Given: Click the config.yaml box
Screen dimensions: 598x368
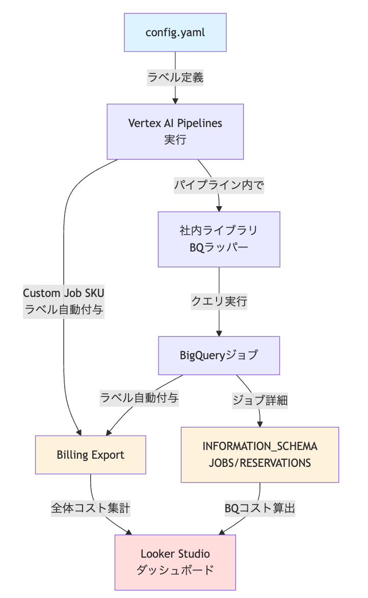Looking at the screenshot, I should tap(175, 33).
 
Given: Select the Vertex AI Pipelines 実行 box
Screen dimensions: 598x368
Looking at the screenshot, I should tap(175, 132).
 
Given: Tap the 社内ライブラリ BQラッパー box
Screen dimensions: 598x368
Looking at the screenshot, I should tap(219, 239).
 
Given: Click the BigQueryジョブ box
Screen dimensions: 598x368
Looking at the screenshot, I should tap(219, 355).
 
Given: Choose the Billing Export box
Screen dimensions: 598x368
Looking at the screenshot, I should tap(91, 455).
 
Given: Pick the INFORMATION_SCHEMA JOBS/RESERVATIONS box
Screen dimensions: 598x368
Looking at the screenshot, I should tap(260, 455).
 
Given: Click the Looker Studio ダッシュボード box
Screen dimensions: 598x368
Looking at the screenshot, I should tap(175, 562).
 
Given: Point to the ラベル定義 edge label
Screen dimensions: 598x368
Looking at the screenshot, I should tap(175, 78).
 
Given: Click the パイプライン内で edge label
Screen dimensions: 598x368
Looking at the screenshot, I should tap(219, 185).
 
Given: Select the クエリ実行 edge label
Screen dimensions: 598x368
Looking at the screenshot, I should tap(219, 301).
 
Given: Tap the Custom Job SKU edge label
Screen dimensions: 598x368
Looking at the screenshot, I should tap(64, 293).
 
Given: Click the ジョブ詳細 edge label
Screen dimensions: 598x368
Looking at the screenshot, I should tap(260, 400).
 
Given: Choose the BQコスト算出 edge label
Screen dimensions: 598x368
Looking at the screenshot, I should tap(260, 508).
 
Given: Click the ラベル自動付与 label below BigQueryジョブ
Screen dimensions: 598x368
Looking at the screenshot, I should tap(140, 397).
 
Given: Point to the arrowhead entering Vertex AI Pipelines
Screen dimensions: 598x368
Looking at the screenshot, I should tap(175, 101).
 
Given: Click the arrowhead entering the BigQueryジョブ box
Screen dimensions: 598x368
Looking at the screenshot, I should tap(219, 333).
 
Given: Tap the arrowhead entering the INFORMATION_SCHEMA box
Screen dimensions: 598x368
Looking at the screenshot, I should tap(260, 424).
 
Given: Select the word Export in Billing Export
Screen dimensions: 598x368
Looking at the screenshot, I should tap(108, 455).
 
